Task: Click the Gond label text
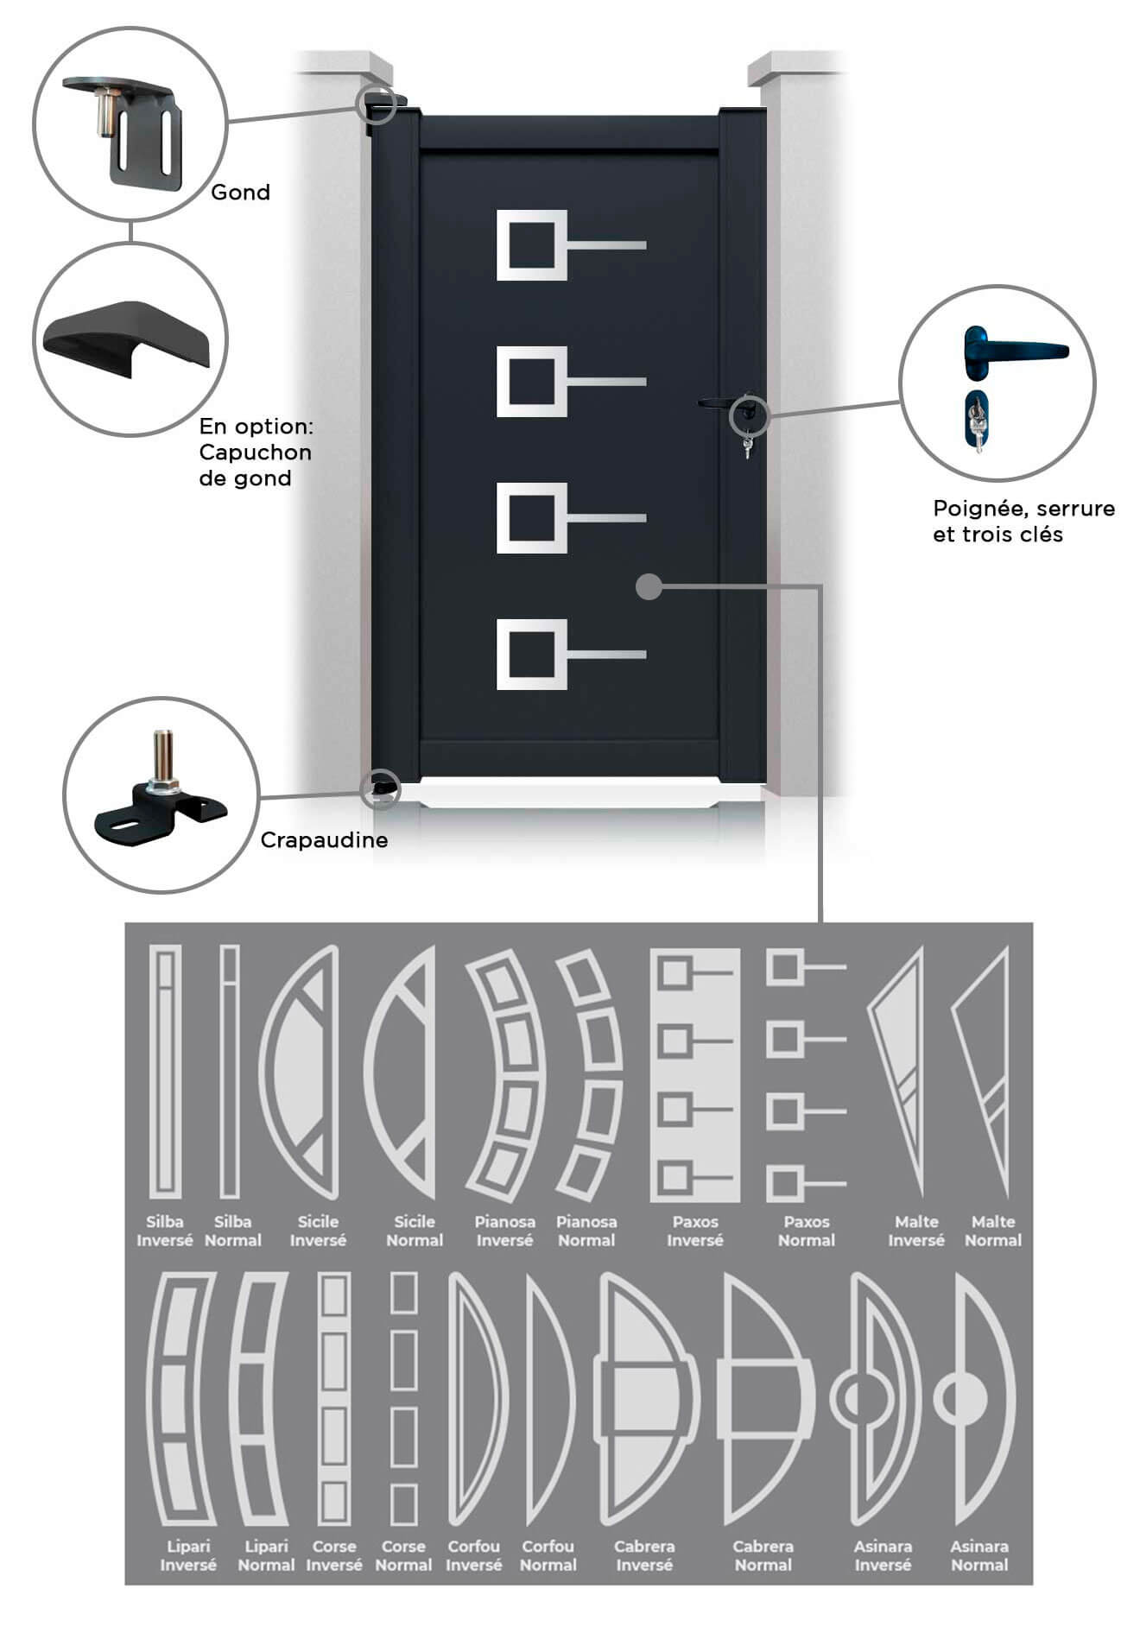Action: point(240,192)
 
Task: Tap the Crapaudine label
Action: point(324,839)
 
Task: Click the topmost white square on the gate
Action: point(532,245)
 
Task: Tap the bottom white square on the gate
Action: point(532,655)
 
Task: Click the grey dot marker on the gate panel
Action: point(649,587)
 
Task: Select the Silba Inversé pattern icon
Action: point(165,1072)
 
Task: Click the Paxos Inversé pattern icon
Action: point(695,1075)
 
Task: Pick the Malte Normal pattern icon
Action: point(984,1071)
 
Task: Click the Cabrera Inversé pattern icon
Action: point(645,1400)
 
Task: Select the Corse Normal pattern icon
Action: point(404,1398)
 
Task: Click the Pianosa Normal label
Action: point(586,1231)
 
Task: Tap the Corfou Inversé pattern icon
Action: point(478,1400)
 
